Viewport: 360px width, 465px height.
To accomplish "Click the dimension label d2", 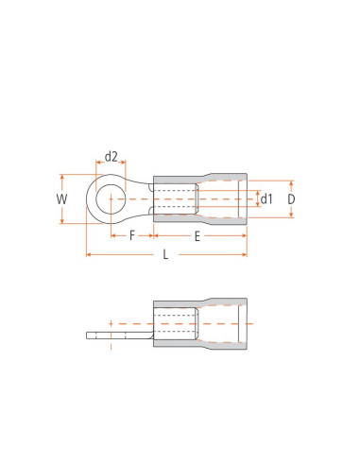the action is coord(111,156).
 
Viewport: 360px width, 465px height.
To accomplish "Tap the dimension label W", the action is coord(61,199).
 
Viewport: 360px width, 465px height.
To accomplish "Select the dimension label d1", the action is coord(266,198).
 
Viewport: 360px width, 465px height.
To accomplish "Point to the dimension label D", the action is coord(291,199).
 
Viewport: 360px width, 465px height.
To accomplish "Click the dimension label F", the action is coord(132,235).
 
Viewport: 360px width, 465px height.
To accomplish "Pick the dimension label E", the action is coord(197,236).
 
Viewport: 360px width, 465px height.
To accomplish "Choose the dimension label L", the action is coord(165,254).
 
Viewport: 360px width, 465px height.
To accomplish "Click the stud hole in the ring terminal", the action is coord(111,199).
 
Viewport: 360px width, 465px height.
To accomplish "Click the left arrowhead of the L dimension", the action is coord(89,254).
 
